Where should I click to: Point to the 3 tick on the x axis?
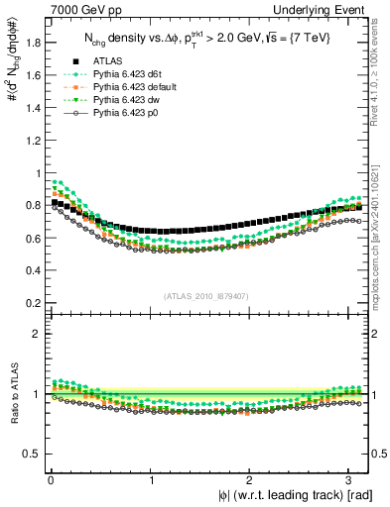pos(352,480)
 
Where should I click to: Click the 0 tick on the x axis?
pos(50,480)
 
